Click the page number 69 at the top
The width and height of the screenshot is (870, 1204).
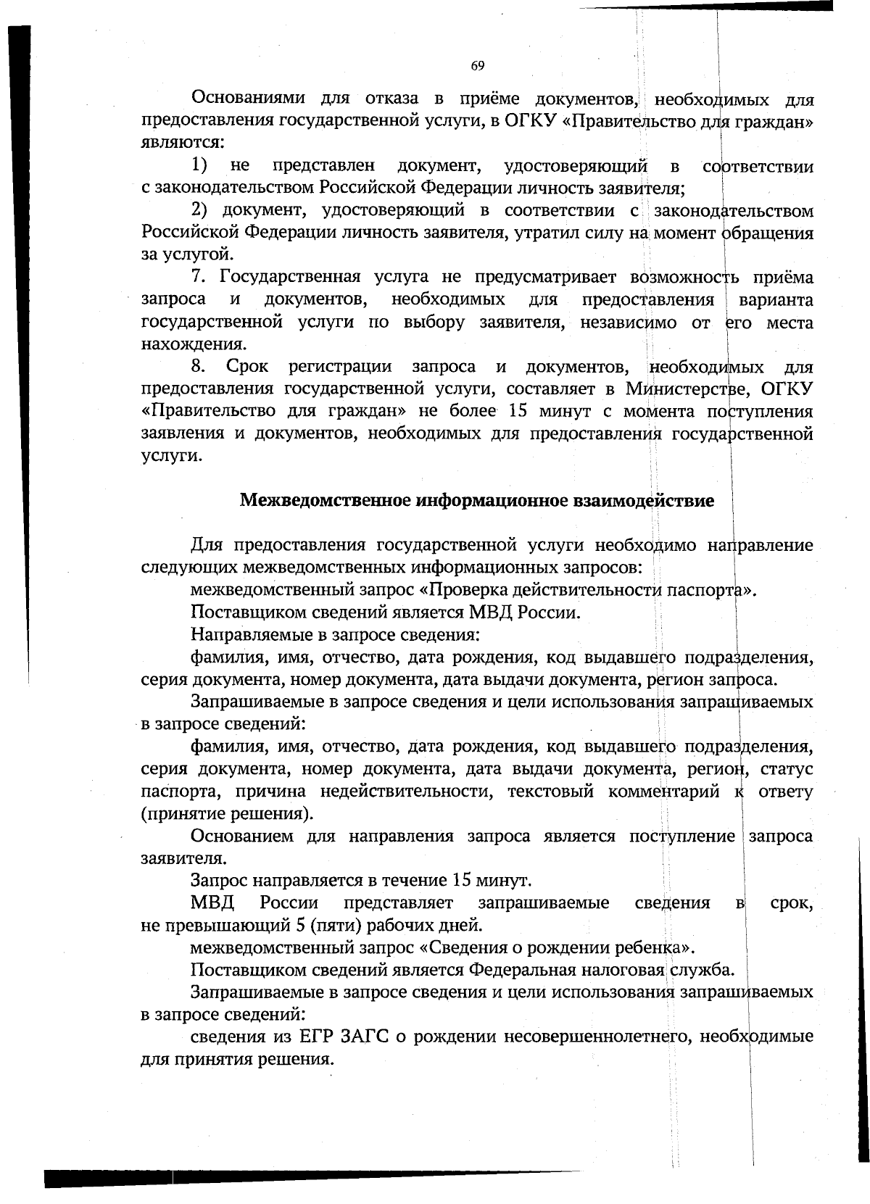pos(478,66)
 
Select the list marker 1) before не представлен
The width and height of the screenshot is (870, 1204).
pos(199,166)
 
